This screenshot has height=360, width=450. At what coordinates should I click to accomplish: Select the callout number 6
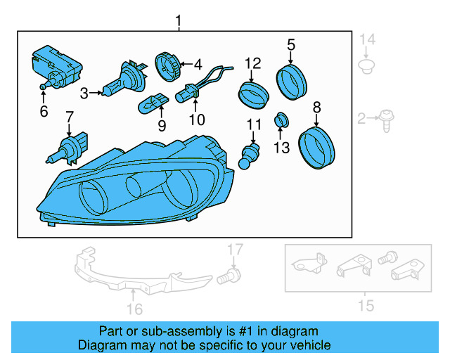click(44, 111)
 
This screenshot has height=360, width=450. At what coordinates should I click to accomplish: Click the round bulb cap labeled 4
click(167, 66)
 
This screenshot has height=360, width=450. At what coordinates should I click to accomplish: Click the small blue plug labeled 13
click(281, 120)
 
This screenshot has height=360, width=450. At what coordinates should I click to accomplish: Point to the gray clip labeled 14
click(365, 67)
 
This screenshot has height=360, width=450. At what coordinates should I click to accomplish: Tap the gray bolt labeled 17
click(227, 275)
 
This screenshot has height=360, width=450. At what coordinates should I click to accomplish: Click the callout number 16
click(134, 309)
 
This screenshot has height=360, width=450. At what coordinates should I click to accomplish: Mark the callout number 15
click(366, 305)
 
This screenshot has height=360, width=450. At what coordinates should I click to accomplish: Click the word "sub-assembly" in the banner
click(169, 331)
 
